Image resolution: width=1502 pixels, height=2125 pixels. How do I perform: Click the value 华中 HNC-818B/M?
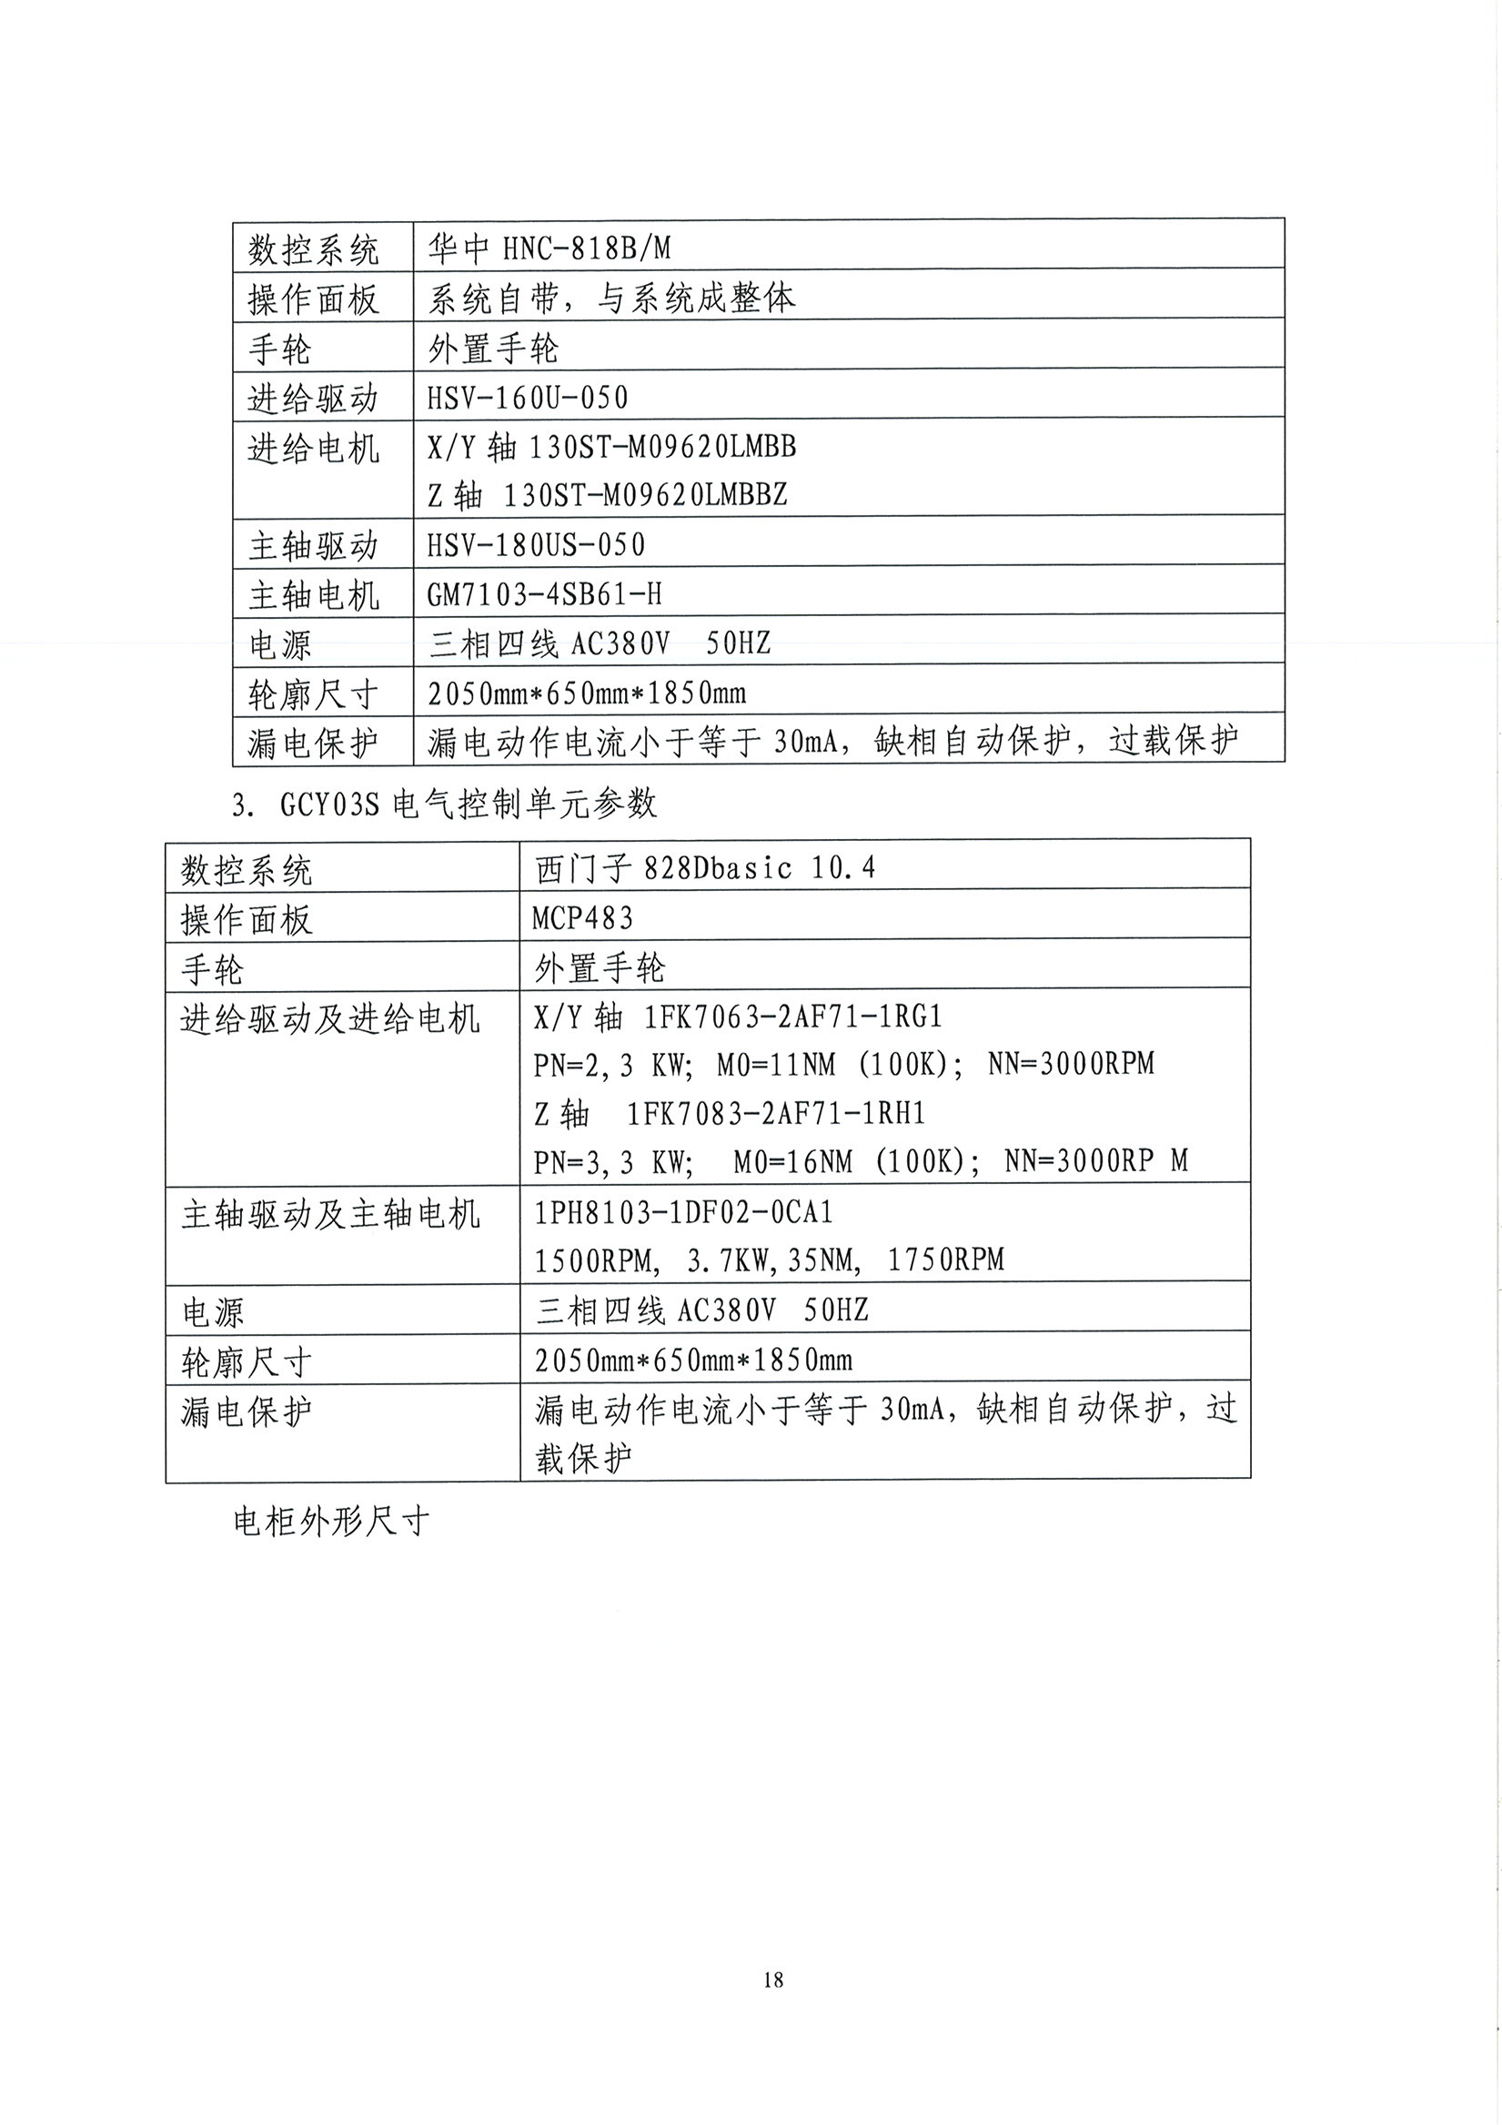[549, 248]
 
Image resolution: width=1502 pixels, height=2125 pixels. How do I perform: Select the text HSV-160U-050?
[527, 398]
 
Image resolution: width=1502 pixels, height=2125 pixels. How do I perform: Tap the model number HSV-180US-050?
[535, 544]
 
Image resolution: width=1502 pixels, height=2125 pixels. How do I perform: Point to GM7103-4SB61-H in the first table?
[543, 594]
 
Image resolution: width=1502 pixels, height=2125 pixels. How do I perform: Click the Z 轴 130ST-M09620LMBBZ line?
[607, 496]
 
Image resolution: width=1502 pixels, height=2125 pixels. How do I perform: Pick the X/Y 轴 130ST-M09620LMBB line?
[611, 447]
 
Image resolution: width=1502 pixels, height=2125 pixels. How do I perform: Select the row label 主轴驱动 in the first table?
[313, 546]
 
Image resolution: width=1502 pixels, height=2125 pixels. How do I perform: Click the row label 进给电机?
[313, 449]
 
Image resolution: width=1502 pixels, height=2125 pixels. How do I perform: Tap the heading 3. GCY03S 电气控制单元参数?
[444, 804]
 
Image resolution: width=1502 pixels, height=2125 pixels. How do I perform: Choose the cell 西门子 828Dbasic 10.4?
[704, 868]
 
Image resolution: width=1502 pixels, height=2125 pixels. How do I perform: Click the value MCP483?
[583, 918]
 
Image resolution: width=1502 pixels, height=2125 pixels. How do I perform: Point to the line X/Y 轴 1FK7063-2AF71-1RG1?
[738, 1017]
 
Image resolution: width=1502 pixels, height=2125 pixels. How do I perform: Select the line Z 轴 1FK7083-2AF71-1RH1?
[730, 1113]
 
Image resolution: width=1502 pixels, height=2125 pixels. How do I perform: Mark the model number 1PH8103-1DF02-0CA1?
[683, 1212]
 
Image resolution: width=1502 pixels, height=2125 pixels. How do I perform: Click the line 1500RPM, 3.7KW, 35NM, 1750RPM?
[769, 1260]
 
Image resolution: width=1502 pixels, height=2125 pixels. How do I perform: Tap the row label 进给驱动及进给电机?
[329, 1019]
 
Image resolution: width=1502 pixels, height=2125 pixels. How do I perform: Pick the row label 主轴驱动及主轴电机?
[330, 1214]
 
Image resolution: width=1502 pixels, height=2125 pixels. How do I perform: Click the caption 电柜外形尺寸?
[330, 1522]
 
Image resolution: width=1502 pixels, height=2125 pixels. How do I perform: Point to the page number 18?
[773, 1979]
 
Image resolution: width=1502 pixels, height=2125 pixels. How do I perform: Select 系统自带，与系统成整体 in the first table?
[610, 298]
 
